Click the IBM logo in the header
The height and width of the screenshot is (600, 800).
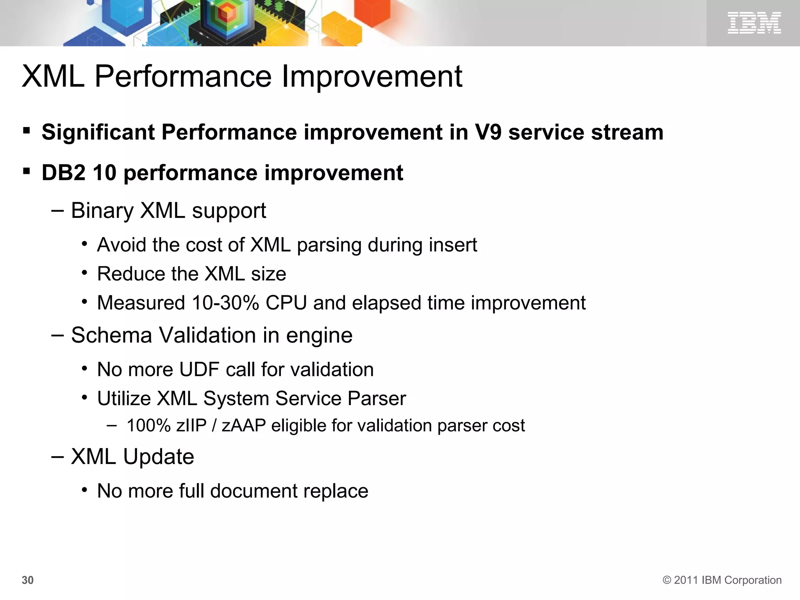coord(754,23)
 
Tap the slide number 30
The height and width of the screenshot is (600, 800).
coord(27,580)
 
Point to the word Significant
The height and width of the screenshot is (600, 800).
coord(98,132)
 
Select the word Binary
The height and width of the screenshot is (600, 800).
coord(102,211)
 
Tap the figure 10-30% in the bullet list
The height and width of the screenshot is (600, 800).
coord(225,303)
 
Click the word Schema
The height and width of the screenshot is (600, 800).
coord(111,335)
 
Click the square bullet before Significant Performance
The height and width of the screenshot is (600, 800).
coord(27,130)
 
